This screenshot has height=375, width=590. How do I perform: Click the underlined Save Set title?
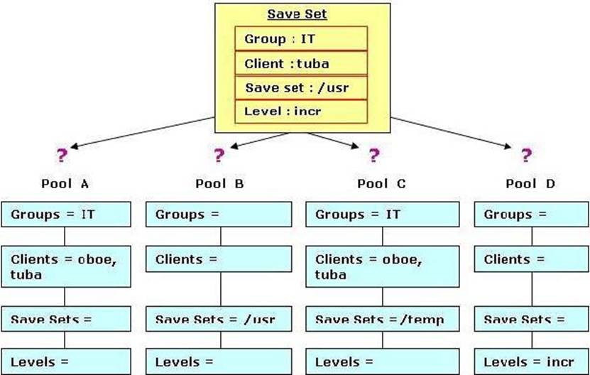tap(297, 14)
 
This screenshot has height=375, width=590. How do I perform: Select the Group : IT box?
tap(301, 38)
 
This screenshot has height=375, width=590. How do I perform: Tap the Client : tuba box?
tap(301, 63)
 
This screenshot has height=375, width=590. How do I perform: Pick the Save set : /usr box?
tap(301, 88)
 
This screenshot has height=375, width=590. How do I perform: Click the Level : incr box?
tap(301, 112)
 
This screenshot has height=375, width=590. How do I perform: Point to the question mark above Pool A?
tap(62, 155)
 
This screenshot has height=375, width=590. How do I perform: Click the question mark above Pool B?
tap(219, 155)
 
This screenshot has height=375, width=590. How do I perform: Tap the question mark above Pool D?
tap(526, 155)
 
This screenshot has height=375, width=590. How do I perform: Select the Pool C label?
tap(381, 184)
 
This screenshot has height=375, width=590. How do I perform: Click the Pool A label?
tap(65, 184)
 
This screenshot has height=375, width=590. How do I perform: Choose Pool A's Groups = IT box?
tap(66, 214)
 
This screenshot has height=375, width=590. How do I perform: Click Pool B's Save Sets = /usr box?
tap(219, 318)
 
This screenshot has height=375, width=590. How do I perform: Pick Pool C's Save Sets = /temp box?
tap(382, 318)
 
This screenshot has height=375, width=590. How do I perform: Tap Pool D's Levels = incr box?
tap(531, 362)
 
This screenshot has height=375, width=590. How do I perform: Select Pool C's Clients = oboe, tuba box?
tap(382, 266)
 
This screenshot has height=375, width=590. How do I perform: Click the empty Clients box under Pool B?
tap(219, 259)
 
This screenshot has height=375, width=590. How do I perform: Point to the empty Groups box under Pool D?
tap(531, 214)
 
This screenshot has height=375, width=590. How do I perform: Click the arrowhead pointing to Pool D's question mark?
tap(507, 146)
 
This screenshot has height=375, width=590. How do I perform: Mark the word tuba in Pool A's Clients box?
tap(26, 274)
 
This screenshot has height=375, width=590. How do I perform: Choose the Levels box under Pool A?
tap(66, 362)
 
